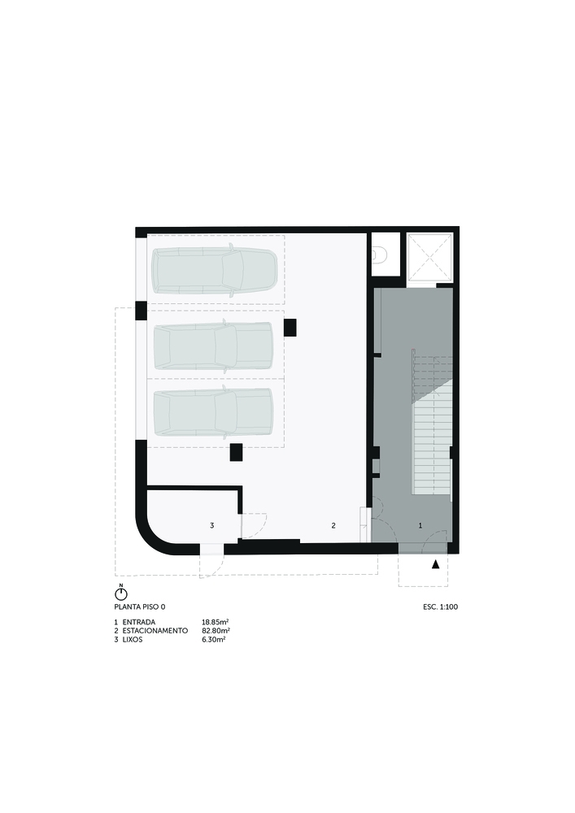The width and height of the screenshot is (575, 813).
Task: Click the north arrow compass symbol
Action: pos(121,593)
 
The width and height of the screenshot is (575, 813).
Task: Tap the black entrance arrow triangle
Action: pos(436,565)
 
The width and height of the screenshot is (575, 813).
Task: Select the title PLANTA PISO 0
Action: pos(140,606)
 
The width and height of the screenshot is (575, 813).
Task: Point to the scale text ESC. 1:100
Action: pos(440,606)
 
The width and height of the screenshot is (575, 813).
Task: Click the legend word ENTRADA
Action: pos(139,622)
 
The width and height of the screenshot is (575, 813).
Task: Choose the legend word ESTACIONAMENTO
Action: pos(155,631)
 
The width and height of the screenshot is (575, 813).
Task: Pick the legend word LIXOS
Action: pos(133,640)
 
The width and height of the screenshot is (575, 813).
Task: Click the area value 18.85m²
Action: pos(216,622)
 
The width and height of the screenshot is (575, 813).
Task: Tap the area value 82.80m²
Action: pos(216,631)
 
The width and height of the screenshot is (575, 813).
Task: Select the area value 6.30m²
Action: pos(214,640)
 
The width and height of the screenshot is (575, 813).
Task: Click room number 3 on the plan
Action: pos(211,526)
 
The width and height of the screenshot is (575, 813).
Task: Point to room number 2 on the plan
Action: pos(333,526)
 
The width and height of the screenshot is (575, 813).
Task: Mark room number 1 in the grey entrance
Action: pos(420,526)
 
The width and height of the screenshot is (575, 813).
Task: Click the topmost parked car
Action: pos(214,271)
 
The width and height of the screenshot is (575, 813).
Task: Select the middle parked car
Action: pos(213,346)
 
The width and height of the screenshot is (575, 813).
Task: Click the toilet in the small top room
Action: pos(379,255)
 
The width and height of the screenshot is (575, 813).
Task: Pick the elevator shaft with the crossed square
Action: pos(429,259)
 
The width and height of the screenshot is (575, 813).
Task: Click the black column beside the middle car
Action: pos(290,327)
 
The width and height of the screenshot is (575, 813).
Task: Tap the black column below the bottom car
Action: pos(237,452)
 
